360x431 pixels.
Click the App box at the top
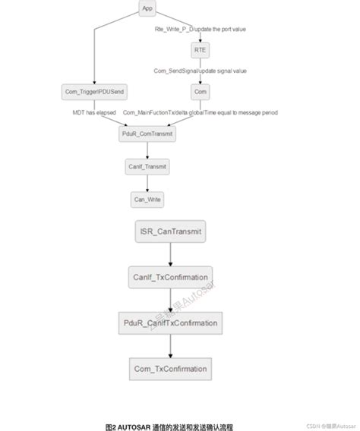(147, 8)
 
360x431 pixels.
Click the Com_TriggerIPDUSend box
(93, 92)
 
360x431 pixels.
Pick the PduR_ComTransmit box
(147, 134)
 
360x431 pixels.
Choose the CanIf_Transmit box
(147, 166)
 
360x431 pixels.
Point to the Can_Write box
(147, 200)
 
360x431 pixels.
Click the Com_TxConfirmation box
(171, 369)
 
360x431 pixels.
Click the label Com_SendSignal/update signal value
(199, 71)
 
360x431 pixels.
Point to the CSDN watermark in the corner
(332, 426)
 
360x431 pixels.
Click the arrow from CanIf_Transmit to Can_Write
(147, 183)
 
